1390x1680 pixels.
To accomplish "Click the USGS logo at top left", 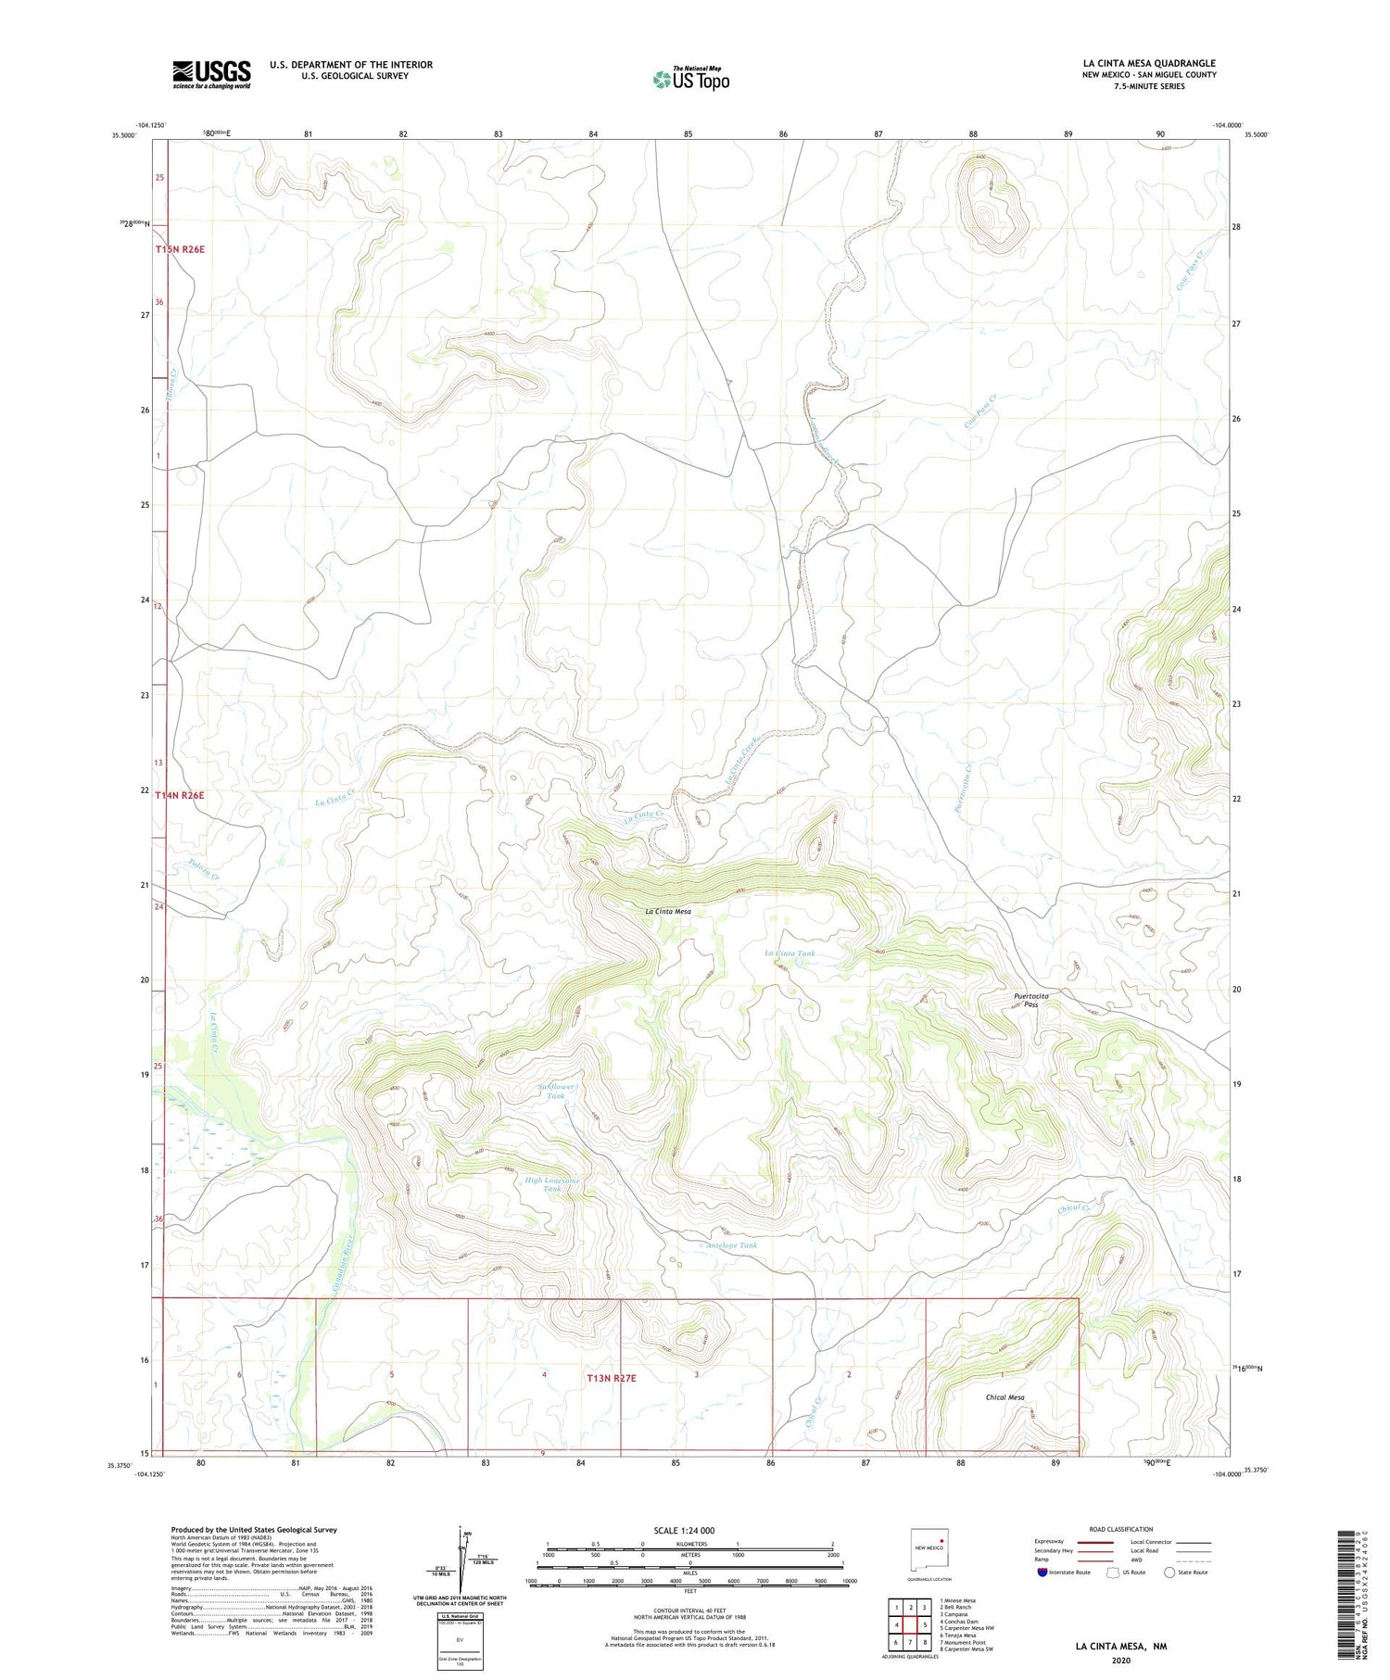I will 211,74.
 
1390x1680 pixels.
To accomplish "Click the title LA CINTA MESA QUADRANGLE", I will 1149,63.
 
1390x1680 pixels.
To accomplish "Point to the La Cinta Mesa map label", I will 668,911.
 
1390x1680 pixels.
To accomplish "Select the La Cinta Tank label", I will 790,953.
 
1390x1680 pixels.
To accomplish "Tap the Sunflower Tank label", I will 556,1091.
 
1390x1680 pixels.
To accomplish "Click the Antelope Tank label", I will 731,1245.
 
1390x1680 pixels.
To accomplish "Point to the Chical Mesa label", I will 1005,1396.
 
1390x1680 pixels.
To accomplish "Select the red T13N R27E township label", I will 612,1378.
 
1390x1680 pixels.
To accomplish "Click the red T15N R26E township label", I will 180,249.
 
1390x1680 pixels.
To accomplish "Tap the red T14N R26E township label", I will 180,795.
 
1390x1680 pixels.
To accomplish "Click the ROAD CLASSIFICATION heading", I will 1121,1529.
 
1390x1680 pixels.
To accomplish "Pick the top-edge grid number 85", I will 688,134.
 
